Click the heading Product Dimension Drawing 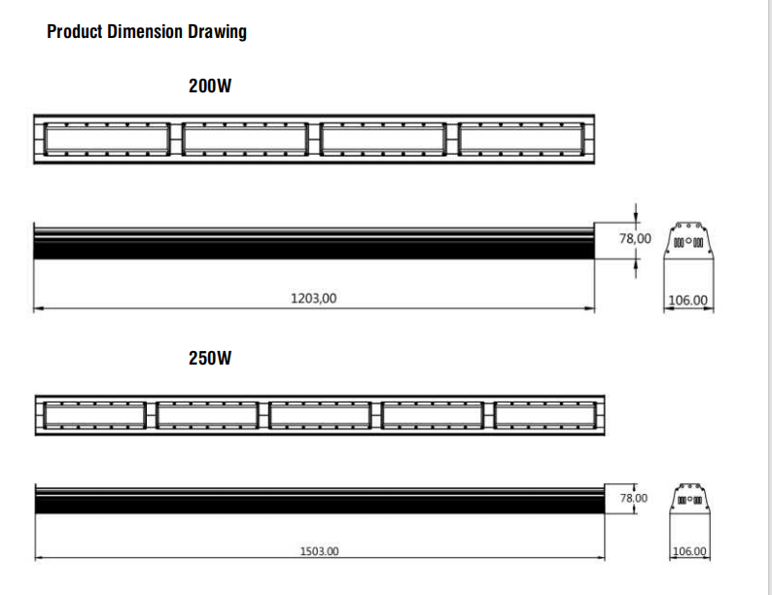(147, 31)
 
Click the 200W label (210, 86)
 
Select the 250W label (210, 358)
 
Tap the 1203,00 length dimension (314, 298)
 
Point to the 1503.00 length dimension (319, 551)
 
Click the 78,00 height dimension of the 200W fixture (636, 238)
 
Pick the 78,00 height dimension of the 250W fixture (633, 498)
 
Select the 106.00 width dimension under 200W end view (689, 300)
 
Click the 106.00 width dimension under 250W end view (690, 551)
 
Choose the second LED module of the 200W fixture (244, 138)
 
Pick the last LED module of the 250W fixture (545, 414)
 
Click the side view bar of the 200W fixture (314, 241)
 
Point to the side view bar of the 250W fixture (320, 498)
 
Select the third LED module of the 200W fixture (383, 138)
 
